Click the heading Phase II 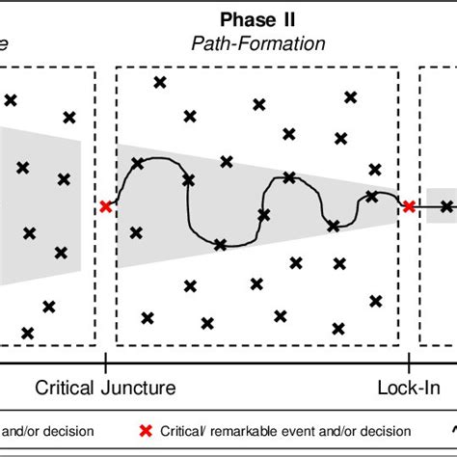click(x=257, y=20)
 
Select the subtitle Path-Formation click(x=257, y=43)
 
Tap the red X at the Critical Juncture click(x=105, y=206)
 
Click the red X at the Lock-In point click(x=409, y=206)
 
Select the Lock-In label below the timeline click(x=408, y=389)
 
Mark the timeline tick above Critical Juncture click(x=105, y=363)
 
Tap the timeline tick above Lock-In click(x=409, y=363)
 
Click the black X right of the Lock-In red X click(x=446, y=206)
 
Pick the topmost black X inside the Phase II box click(x=159, y=82)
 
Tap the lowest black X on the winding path click(x=221, y=245)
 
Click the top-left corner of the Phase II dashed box click(x=116, y=67)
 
